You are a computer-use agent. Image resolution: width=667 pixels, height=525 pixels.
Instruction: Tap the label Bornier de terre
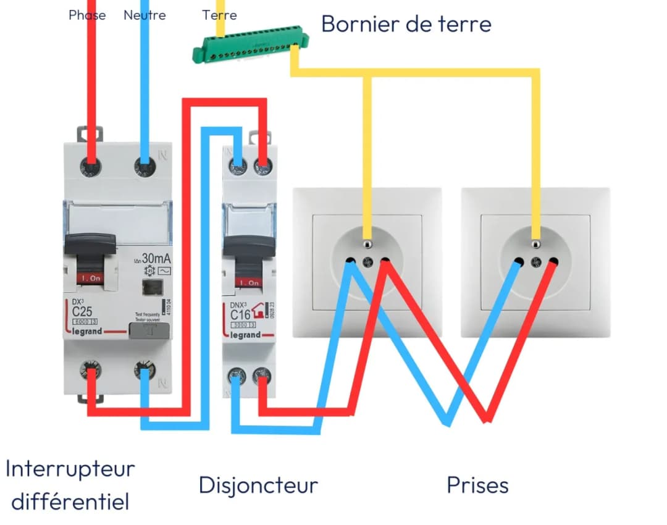(x=406, y=24)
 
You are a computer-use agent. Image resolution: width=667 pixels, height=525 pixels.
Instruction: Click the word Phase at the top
(x=87, y=15)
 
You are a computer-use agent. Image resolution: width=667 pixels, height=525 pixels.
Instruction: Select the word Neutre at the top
(x=145, y=15)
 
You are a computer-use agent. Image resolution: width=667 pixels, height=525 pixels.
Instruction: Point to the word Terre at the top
(x=219, y=15)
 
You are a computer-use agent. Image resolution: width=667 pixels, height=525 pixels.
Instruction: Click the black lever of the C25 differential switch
(x=90, y=246)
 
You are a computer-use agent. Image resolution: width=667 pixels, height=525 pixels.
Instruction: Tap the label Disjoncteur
(x=258, y=485)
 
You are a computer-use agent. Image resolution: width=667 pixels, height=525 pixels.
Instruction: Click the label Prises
(x=477, y=485)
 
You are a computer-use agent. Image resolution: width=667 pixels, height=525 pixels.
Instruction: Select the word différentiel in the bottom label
(x=70, y=501)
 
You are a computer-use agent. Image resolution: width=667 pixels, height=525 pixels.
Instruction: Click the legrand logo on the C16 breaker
(x=246, y=335)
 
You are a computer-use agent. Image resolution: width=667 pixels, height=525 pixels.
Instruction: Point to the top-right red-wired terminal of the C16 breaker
(x=262, y=165)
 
